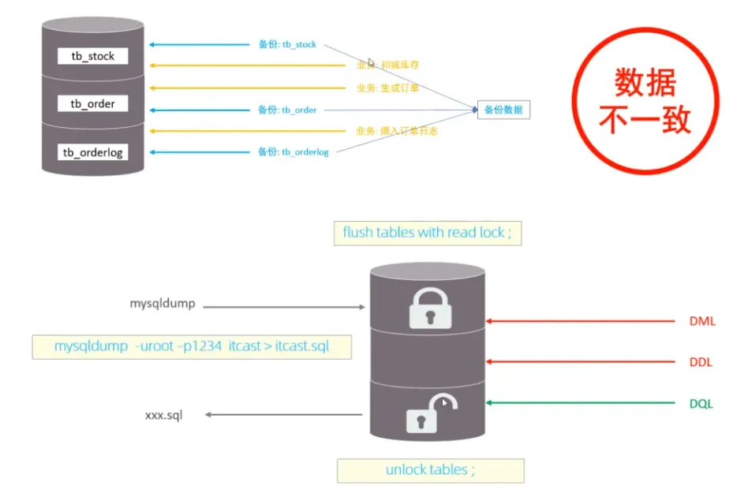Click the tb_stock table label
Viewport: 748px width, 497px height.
pos(92,56)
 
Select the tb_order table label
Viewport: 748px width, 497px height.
pos(92,103)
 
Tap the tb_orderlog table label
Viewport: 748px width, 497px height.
pos(92,151)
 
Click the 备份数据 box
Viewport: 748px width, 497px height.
pos(503,110)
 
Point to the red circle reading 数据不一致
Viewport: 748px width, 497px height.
pos(645,102)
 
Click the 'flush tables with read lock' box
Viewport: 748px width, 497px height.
pos(428,233)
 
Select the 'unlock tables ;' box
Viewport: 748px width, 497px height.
pos(430,470)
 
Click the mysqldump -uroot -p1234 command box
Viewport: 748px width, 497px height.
pos(192,347)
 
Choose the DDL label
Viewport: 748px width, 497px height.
pos(700,362)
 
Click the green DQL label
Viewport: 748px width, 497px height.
pos(700,403)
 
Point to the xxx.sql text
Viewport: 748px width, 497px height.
pos(163,415)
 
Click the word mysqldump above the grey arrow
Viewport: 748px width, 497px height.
pos(162,302)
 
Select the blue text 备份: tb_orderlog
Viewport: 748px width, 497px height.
pos(293,151)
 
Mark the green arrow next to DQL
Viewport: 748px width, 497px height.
pos(582,403)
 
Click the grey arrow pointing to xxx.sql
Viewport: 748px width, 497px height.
pos(282,415)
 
